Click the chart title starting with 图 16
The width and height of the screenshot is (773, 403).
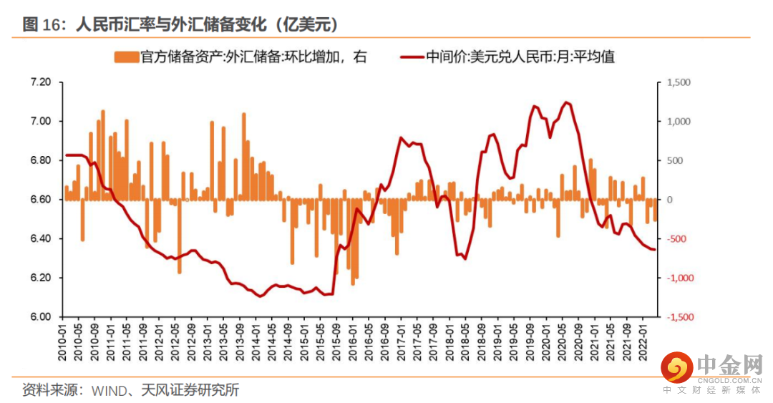coord(180,24)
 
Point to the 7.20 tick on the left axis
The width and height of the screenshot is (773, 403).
coord(41,83)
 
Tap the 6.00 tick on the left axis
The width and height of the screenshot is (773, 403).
coord(41,317)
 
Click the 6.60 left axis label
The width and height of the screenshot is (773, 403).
coord(41,200)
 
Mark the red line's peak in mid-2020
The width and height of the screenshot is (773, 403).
coord(566,102)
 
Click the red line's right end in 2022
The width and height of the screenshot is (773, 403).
coord(654,249)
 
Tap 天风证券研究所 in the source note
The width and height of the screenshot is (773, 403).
coord(190,390)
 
